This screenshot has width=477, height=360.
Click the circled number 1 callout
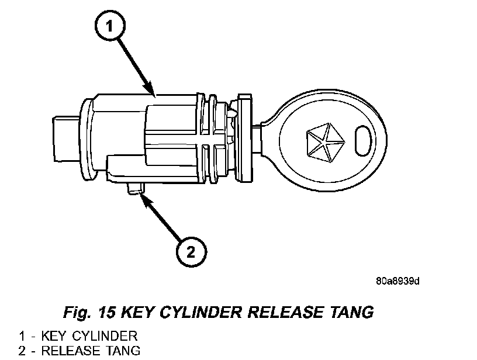tap(110, 25)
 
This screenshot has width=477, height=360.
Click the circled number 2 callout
tap(191, 252)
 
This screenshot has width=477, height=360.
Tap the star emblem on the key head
tap(326, 141)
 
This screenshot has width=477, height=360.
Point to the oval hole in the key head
tap(363, 141)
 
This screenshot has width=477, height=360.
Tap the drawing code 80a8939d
tap(397, 281)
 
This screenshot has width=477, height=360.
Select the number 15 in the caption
tap(107, 312)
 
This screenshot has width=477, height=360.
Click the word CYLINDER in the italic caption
tap(200, 312)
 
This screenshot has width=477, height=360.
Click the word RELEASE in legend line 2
tap(71, 351)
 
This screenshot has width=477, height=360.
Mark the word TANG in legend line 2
tap(123, 351)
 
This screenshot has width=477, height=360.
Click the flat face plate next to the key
tap(244, 139)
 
